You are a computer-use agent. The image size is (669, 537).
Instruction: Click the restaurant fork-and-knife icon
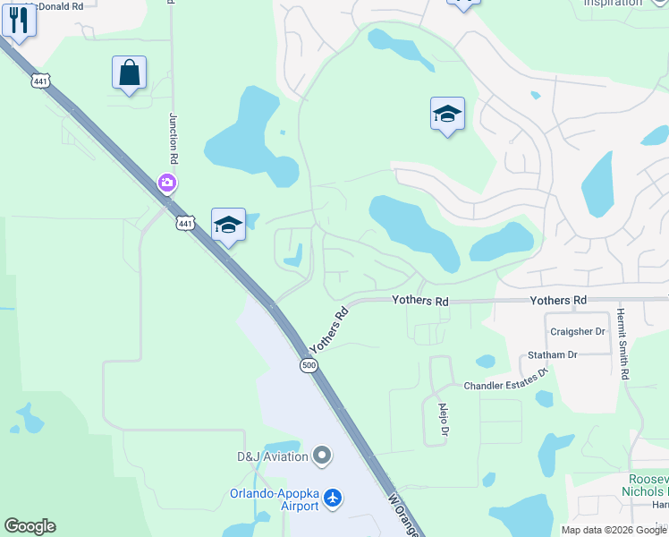[18, 21]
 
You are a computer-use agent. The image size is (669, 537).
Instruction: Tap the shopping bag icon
[130, 72]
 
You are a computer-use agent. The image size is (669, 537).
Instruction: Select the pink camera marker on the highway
[166, 183]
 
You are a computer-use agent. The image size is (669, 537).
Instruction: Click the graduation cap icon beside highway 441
[228, 225]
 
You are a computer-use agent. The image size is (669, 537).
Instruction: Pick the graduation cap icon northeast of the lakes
[447, 114]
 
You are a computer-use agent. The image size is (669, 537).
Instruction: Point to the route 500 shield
[309, 365]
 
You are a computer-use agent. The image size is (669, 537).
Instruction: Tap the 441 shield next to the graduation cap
[184, 223]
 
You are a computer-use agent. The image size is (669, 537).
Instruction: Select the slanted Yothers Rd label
[328, 330]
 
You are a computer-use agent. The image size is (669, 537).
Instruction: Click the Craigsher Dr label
[578, 331]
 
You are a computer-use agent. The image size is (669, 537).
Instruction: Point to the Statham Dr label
[553, 355]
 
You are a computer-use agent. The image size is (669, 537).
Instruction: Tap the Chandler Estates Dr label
[504, 385]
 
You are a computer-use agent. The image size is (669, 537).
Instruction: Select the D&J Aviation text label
[273, 456]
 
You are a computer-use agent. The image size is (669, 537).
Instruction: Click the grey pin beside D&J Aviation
[323, 456]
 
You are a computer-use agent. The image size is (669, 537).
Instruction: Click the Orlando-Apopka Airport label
[274, 499]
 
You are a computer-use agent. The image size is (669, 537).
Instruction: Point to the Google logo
[30, 526]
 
